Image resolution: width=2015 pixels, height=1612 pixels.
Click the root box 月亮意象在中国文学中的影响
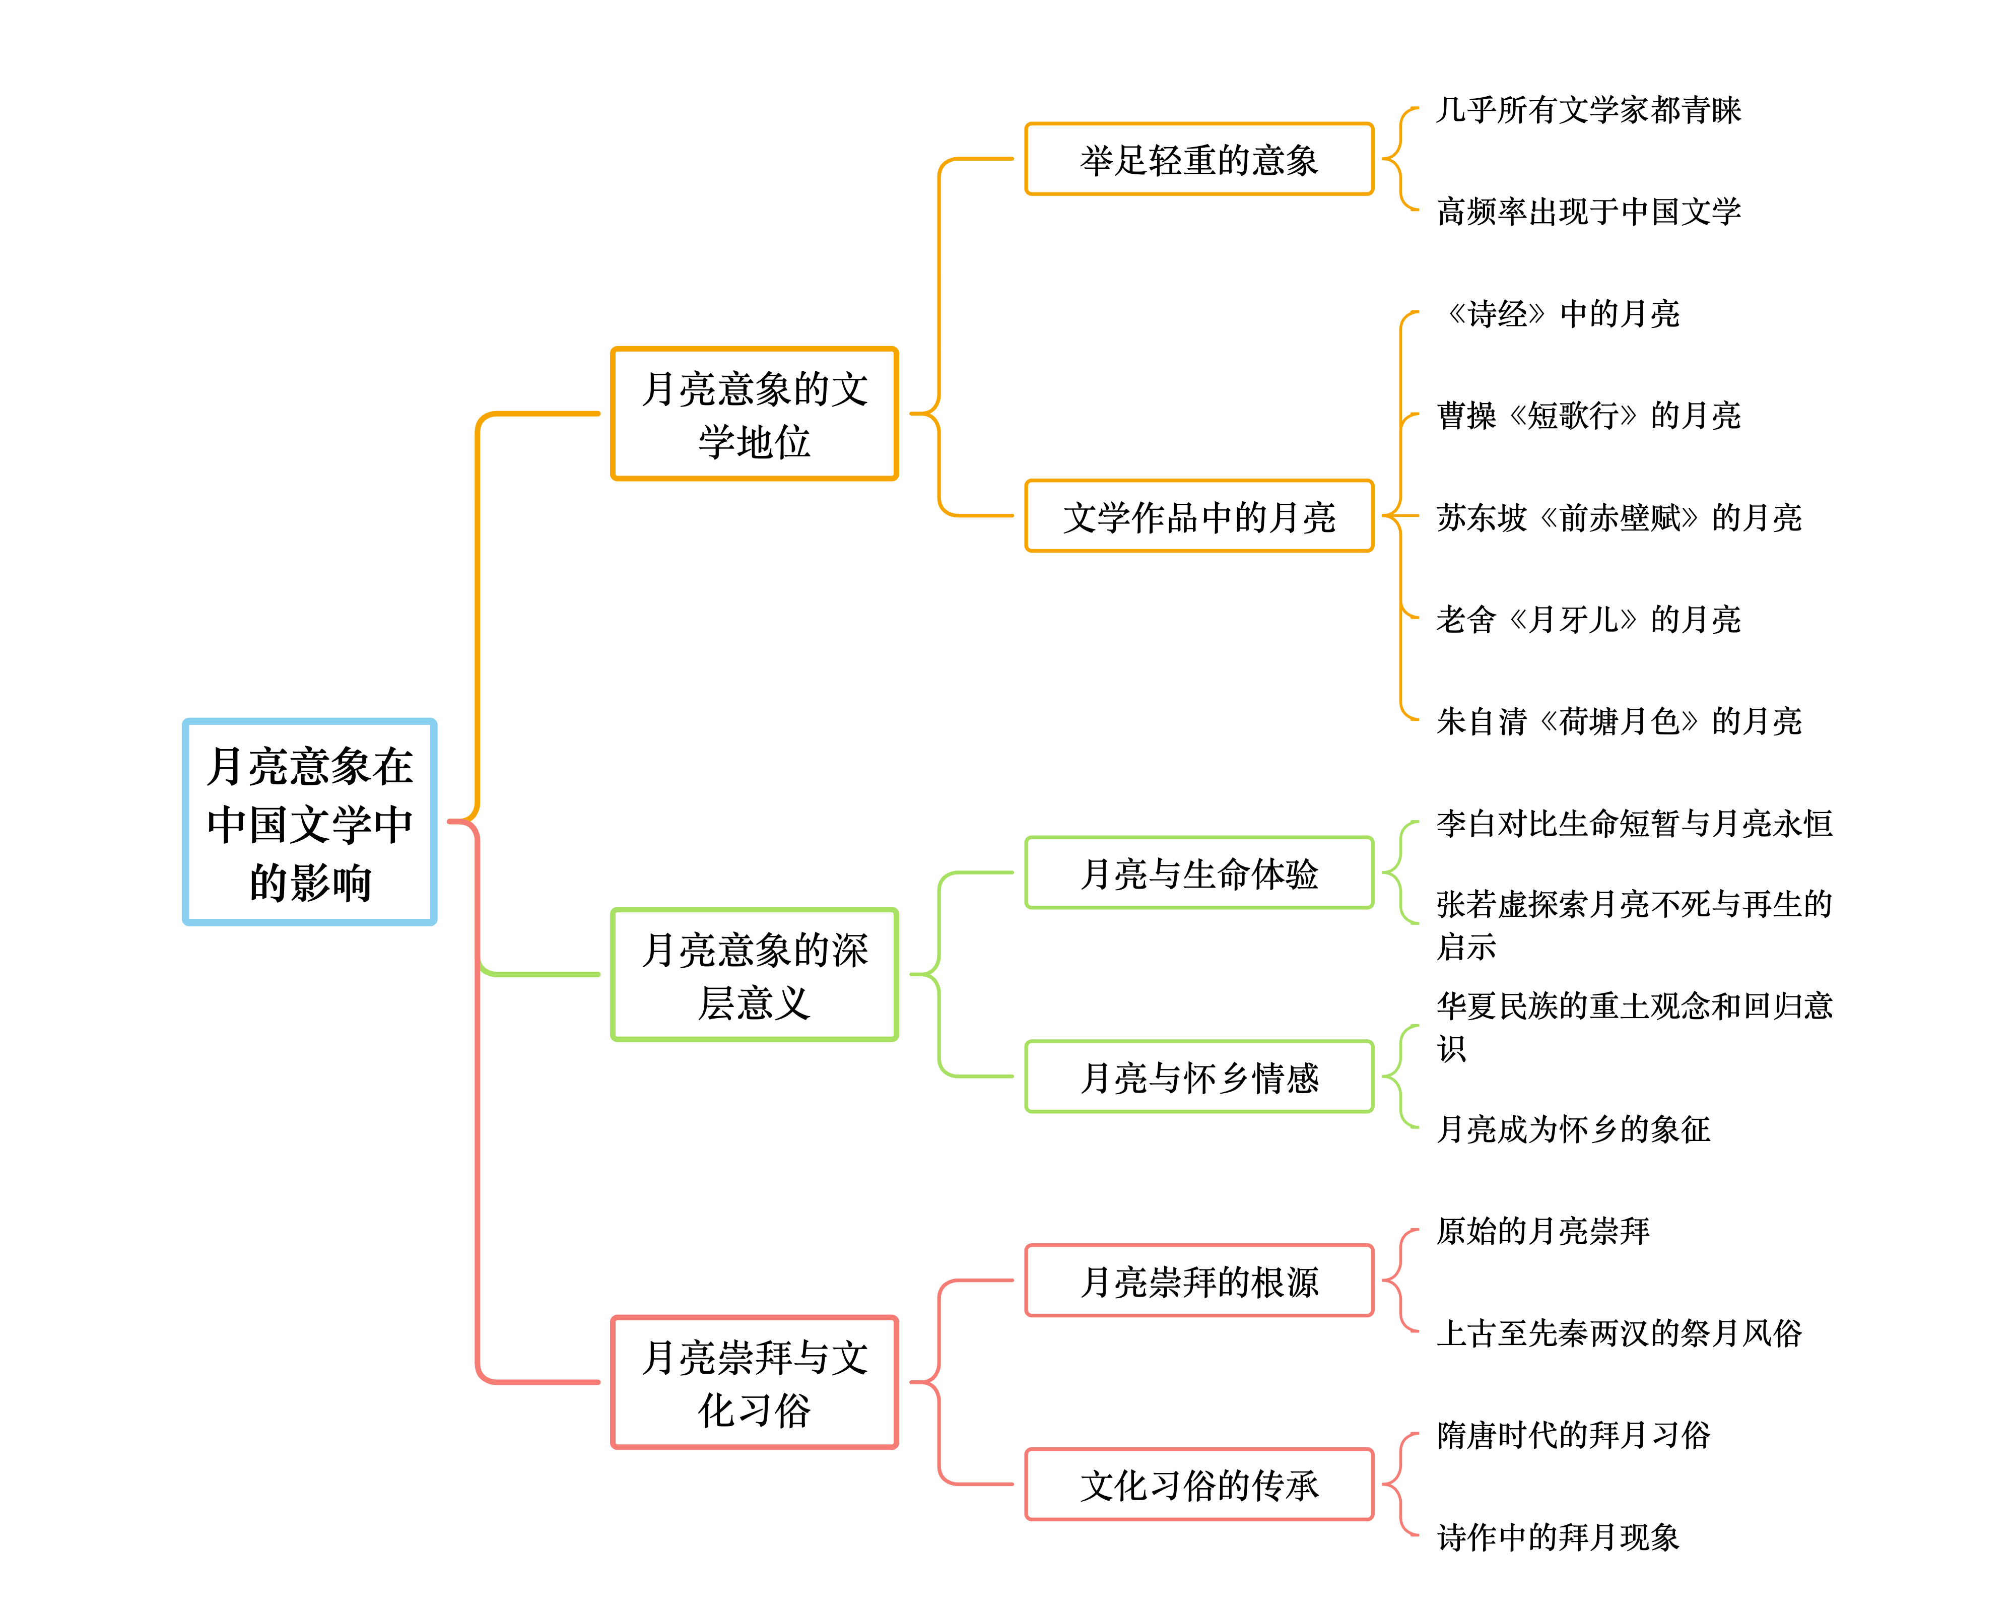(x=309, y=822)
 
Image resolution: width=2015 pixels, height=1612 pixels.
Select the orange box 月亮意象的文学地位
(x=754, y=414)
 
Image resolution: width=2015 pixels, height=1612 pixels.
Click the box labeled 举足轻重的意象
(x=1199, y=159)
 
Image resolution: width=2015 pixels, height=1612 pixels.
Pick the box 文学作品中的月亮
(x=1199, y=516)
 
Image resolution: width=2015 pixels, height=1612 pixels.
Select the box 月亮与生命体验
(x=1199, y=873)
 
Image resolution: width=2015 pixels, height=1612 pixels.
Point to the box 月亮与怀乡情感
(x=1199, y=1077)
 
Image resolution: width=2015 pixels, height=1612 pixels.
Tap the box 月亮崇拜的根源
(x=1199, y=1280)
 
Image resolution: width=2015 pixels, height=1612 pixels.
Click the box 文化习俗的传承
(x=1199, y=1484)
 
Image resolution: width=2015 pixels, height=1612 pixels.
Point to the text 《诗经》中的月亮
(x=1561, y=313)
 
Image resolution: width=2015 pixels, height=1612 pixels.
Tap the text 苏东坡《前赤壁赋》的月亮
(x=1619, y=517)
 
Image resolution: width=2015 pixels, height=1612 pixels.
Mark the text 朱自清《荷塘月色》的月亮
(x=1619, y=720)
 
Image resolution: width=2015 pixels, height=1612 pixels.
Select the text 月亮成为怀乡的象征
(x=1573, y=1129)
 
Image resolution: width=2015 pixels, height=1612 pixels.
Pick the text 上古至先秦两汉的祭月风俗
(x=1619, y=1332)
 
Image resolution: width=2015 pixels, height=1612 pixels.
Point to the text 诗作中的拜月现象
(x=1558, y=1536)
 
